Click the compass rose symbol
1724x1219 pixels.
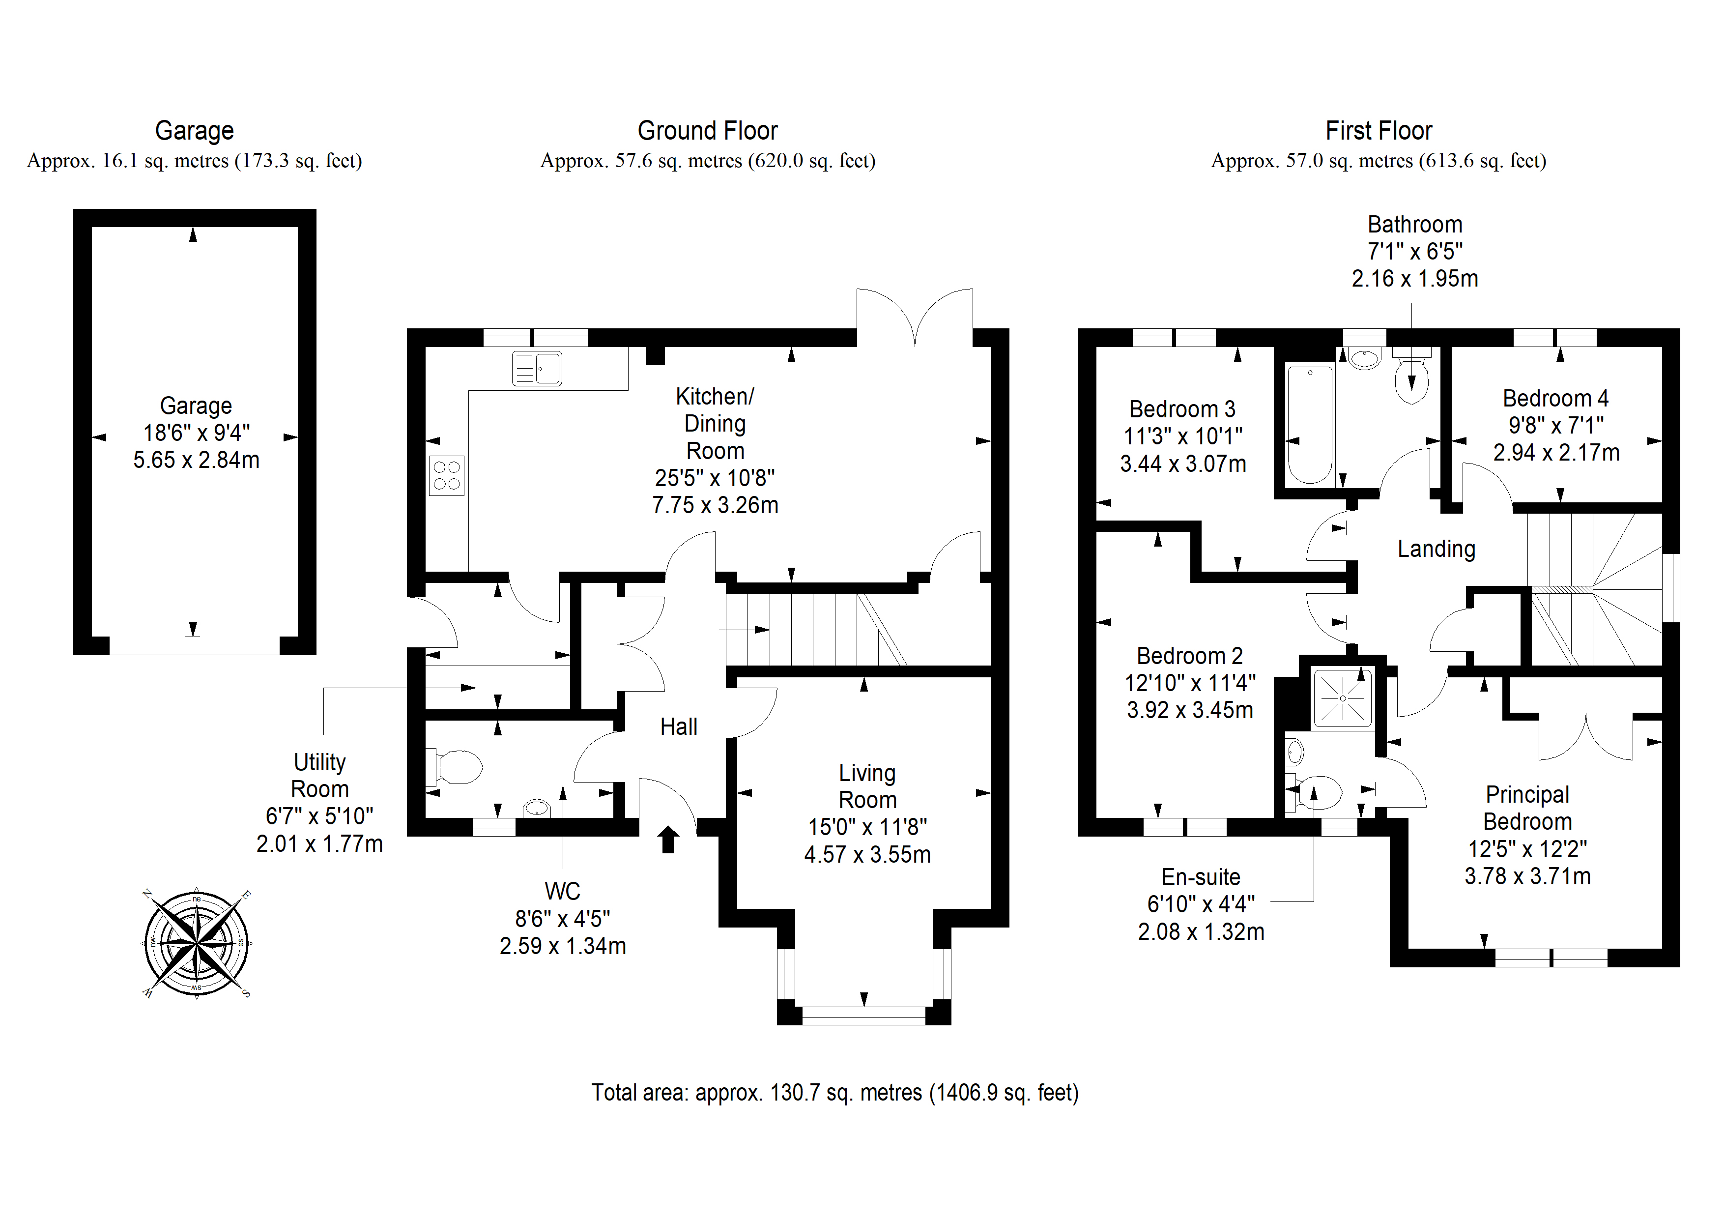point(197,943)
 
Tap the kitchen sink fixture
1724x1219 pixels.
point(536,369)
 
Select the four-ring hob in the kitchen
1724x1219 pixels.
point(447,475)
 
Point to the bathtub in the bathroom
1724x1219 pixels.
point(1310,424)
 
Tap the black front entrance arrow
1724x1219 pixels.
point(668,840)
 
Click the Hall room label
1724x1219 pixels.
point(679,727)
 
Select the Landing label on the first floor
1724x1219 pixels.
point(1437,549)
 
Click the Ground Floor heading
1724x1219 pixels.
point(707,131)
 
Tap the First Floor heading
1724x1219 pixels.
point(1379,131)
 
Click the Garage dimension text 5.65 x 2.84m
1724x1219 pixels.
point(196,460)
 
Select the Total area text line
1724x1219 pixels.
point(835,1093)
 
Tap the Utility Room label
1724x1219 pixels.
point(320,776)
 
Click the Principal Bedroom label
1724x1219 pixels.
point(1527,808)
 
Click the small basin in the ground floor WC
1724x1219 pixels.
point(536,808)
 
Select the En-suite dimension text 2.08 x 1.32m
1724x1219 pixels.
point(1201,932)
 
